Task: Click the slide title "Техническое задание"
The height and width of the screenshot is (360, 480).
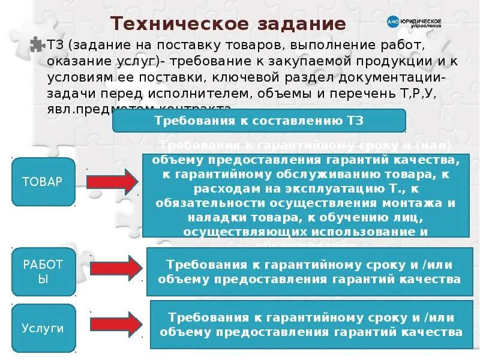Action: [229, 25]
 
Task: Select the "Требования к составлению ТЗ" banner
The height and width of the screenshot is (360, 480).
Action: [259, 121]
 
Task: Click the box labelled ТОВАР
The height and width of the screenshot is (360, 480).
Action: [42, 181]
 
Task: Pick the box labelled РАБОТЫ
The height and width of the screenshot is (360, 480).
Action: [42, 272]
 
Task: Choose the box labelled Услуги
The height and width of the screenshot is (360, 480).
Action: [43, 328]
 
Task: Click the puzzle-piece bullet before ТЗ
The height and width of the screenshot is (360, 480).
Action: [37, 45]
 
